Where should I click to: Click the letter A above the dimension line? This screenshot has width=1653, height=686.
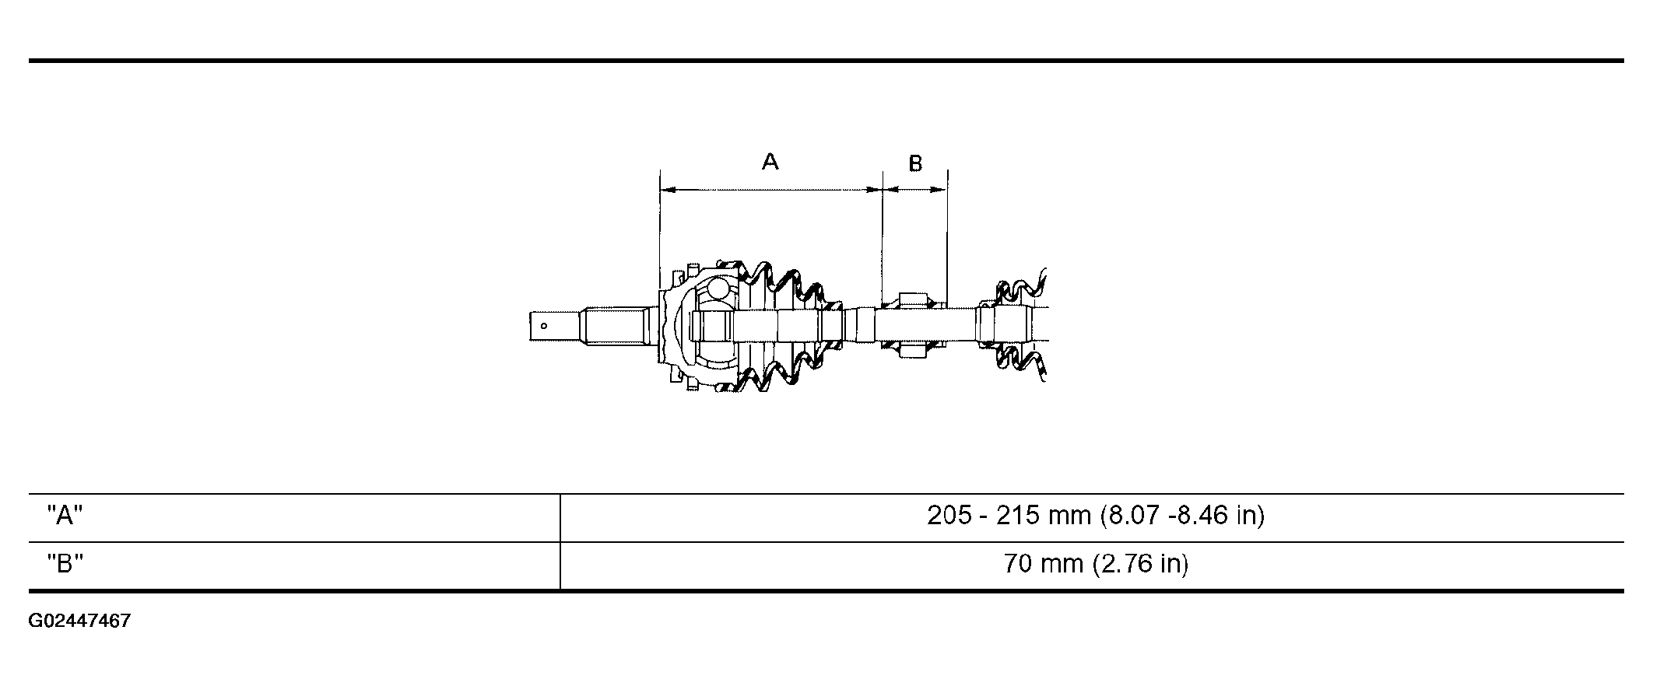(770, 162)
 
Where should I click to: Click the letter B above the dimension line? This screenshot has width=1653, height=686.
(915, 164)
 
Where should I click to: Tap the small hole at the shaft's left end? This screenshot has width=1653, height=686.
(544, 326)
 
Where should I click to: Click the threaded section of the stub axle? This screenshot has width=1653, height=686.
(615, 325)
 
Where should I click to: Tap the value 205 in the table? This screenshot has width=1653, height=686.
(949, 516)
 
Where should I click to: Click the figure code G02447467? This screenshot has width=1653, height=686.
(79, 621)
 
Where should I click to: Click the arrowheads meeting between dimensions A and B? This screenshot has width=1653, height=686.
(883, 189)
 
